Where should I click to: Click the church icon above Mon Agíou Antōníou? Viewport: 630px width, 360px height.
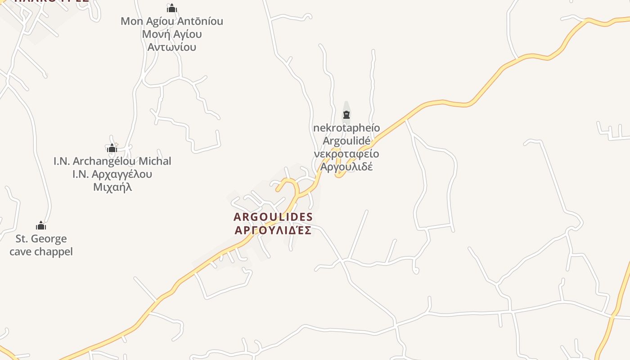[172, 8]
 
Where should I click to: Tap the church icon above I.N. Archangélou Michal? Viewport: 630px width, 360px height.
[112, 148]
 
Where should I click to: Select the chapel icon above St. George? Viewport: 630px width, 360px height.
[41, 225]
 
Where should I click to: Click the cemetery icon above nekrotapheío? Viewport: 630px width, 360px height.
[346, 115]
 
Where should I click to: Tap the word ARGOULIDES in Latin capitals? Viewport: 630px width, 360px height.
[273, 217]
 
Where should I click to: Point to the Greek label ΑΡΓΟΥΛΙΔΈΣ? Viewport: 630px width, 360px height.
[273, 230]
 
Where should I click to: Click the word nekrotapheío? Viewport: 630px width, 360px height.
[346, 128]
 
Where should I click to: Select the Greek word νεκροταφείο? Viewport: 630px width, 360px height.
[346, 154]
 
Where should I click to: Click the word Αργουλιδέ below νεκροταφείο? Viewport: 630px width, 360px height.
[346, 167]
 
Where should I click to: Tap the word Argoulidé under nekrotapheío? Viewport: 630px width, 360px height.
[346, 141]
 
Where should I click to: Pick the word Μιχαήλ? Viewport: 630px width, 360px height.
[112, 187]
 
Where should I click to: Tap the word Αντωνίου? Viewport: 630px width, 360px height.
[172, 47]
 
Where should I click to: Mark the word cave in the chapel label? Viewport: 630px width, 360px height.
[20, 252]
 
